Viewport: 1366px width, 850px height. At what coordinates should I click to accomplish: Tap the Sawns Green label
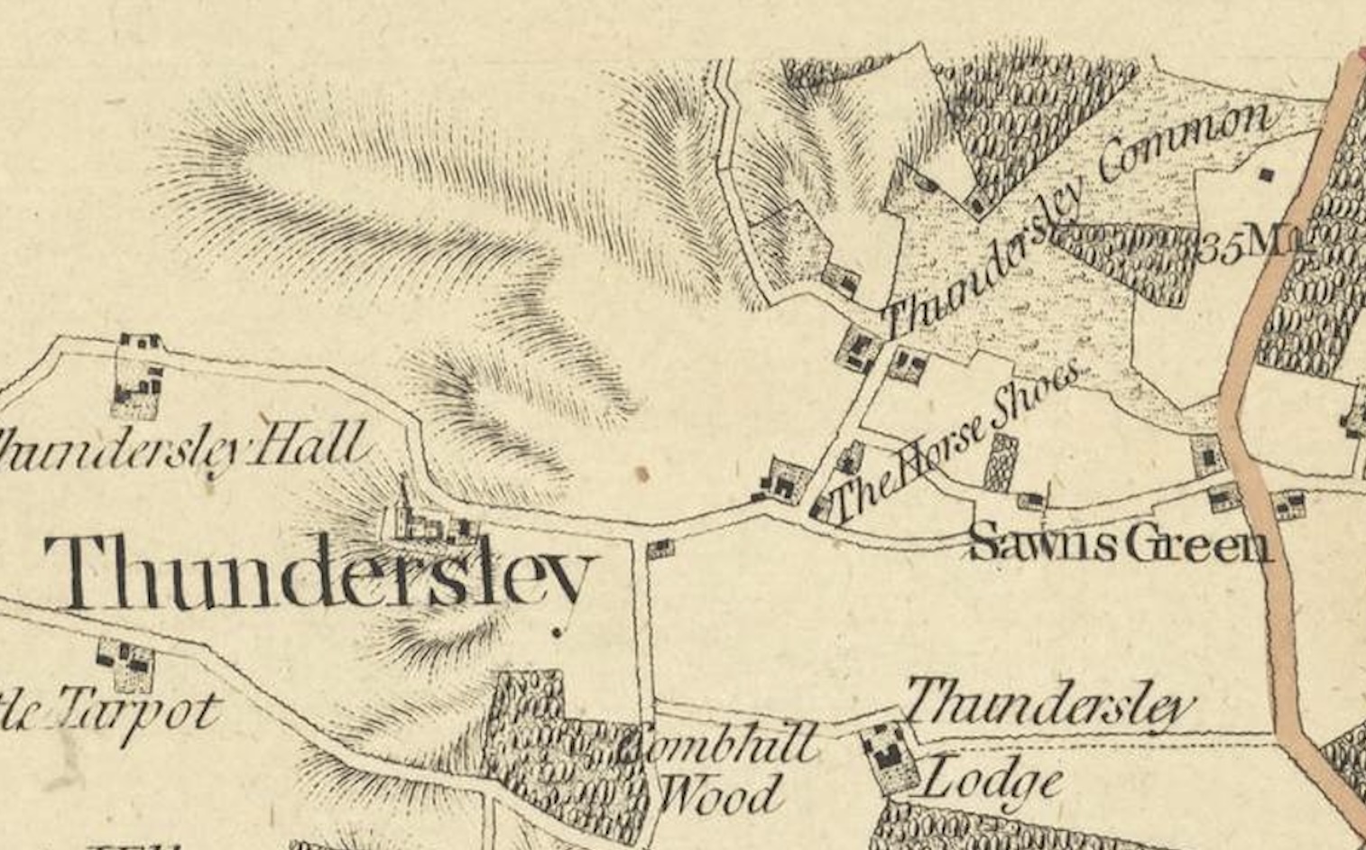pos(1119,544)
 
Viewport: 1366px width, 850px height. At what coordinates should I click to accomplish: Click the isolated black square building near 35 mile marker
pos(1269,174)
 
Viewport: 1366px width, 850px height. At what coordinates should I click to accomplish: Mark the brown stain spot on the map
pos(641,473)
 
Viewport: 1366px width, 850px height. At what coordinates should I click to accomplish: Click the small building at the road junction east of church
pos(661,547)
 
